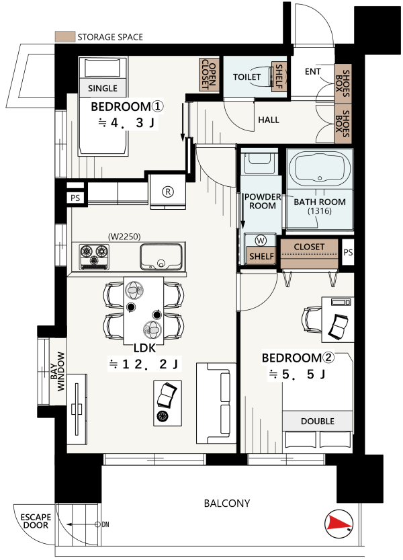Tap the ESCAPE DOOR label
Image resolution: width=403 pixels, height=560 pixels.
click(x=36, y=521)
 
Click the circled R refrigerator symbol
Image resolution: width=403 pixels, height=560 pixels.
click(x=168, y=192)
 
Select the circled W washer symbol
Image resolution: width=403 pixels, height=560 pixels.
click(x=261, y=241)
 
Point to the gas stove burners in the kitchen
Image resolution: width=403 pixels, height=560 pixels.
click(x=94, y=256)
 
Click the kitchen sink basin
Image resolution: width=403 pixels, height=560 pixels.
click(x=161, y=256)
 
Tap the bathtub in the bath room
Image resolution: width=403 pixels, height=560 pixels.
click(x=320, y=169)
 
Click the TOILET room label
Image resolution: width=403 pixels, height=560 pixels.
click(x=247, y=77)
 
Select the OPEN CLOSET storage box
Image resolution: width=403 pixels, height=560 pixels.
click(x=209, y=74)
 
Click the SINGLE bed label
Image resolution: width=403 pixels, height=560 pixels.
click(x=103, y=88)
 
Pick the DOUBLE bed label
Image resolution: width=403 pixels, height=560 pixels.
click(x=317, y=422)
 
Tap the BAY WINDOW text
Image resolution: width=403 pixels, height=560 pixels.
click(x=58, y=371)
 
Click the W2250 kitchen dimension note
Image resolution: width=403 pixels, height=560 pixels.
click(x=124, y=237)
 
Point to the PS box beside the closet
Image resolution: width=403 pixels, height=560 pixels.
click(x=348, y=253)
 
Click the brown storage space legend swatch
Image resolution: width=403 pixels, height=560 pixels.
click(x=65, y=36)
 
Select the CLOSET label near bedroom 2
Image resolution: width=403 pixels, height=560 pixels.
click(x=309, y=247)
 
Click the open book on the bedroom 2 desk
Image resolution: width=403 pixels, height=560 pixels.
click(x=338, y=327)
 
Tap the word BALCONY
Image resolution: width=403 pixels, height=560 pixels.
click(x=226, y=504)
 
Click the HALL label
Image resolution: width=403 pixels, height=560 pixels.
click(x=269, y=120)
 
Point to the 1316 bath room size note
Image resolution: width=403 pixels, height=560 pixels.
click(x=320, y=211)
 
